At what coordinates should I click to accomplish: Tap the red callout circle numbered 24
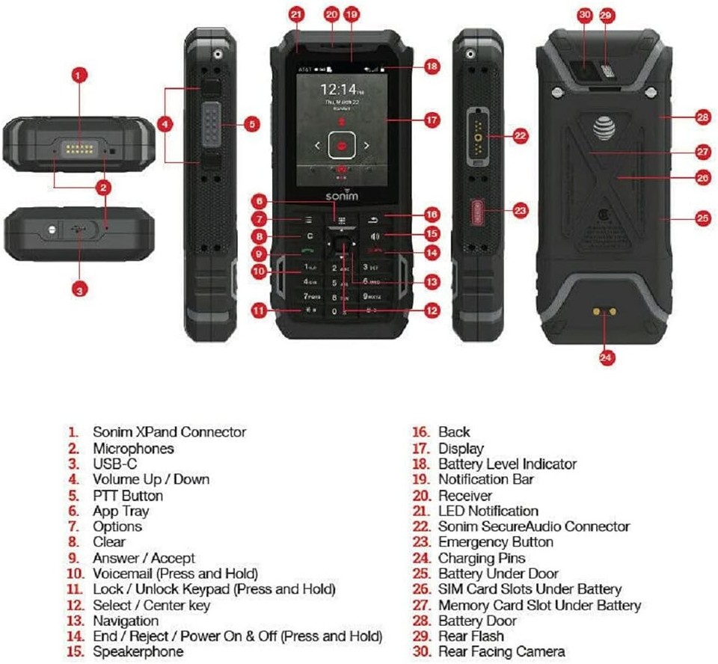click(607, 357)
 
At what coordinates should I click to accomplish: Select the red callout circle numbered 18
click(432, 67)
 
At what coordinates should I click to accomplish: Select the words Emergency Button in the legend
click(495, 542)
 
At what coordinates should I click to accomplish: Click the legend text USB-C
click(114, 464)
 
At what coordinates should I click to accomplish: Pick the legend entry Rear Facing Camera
click(501, 652)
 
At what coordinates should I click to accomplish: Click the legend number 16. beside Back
click(422, 432)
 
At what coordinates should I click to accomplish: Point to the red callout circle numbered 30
click(585, 14)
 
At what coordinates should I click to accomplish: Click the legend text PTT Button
click(127, 495)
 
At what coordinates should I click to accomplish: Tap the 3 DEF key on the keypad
click(370, 267)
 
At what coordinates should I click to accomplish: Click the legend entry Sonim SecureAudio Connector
click(533, 526)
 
